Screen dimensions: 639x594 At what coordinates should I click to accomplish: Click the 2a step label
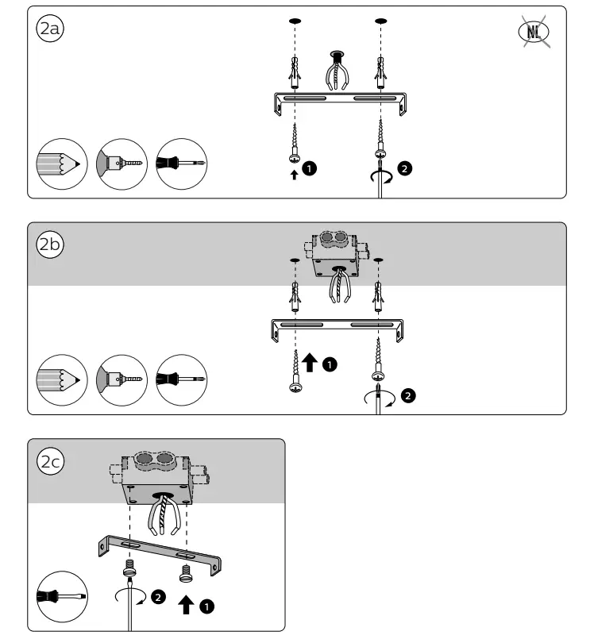click(x=50, y=29)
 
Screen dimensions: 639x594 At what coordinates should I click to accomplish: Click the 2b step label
click(x=50, y=244)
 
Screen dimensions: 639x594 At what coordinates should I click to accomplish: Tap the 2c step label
click(x=50, y=462)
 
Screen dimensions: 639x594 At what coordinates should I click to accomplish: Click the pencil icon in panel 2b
click(x=61, y=379)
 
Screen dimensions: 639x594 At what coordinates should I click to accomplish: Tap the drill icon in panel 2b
click(x=121, y=379)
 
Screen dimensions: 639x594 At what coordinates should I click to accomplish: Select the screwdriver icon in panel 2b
click(x=182, y=379)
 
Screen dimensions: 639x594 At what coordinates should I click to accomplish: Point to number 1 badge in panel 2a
click(x=311, y=168)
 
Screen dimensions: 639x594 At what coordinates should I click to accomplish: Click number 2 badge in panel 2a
click(x=406, y=168)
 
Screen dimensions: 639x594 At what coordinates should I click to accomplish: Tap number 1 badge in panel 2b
click(x=330, y=364)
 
